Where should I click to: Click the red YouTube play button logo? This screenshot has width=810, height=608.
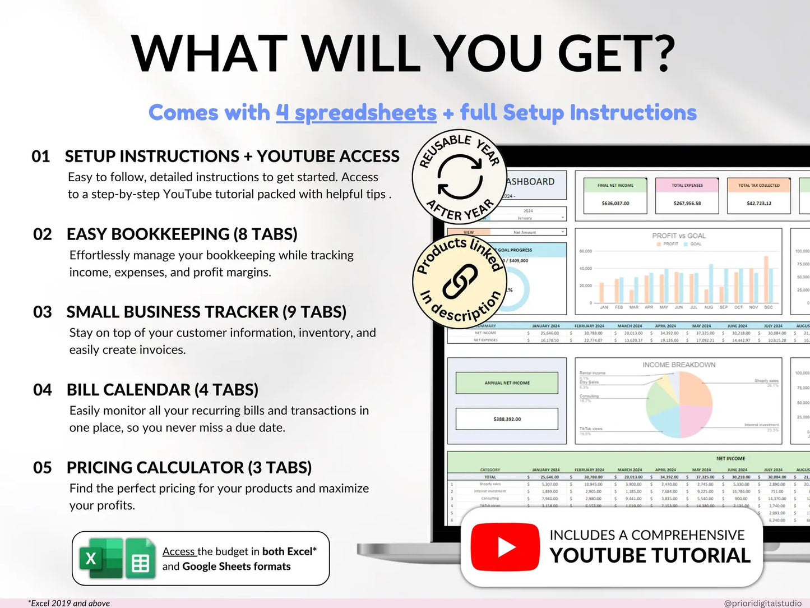pos(505,547)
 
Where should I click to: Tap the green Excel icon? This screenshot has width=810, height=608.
pos(100,558)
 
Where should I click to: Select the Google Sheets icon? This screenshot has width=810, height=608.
pos(140,559)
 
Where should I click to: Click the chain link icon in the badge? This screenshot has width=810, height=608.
pos(460,282)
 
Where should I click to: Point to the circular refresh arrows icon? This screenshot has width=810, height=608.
pos(460,177)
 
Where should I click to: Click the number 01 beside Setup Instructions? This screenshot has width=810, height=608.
pos(41,156)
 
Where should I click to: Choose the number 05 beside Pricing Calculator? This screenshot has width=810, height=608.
pos(43,468)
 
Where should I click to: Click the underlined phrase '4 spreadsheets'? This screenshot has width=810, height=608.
pos(356,113)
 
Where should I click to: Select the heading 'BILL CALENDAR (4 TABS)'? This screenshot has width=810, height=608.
pos(163,390)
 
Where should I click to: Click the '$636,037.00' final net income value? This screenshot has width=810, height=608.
pos(615,203)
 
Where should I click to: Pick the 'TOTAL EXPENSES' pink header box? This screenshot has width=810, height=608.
pos(687,186)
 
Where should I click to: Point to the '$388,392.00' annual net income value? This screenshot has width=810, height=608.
pos(507,419)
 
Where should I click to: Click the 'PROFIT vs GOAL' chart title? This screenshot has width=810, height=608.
pos(679,236)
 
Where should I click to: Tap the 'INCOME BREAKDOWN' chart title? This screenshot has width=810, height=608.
pos(679,365)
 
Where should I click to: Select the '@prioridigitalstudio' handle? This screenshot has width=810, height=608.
pos(762,603)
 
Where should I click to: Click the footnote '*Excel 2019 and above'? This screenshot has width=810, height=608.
pos(69,603)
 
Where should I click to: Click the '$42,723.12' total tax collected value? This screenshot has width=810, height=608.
pos(759,203)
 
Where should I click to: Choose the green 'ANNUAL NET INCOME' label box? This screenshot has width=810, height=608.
pos(507,383)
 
